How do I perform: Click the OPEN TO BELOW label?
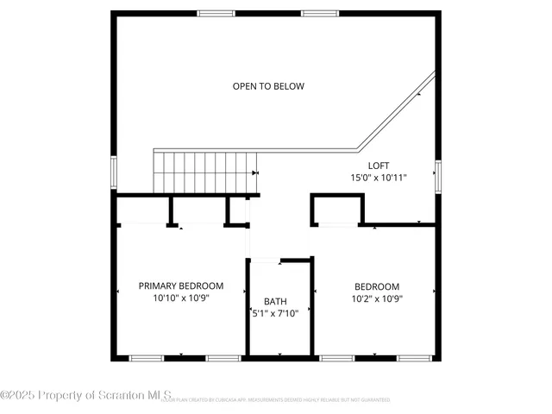point(268,86)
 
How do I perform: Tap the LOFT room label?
point(379,165)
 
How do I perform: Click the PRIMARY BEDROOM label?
point(181,285)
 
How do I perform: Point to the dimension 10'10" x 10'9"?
point(181,298)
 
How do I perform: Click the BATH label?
point(275,301)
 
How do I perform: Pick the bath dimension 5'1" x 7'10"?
point(275,313)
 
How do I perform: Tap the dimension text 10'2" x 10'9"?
point(377,298)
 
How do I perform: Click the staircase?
point(205,172)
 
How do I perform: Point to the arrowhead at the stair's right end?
point(254,172)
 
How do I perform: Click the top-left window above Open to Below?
point(216,13)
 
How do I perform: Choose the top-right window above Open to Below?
point(319,13)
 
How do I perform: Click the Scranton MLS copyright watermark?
point(86,395)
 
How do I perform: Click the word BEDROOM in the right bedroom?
point(377,286)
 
